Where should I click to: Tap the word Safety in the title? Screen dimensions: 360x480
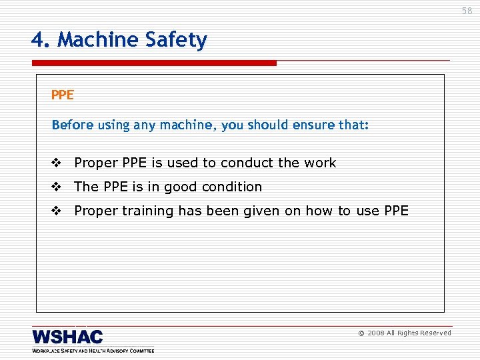pyautogui.click(x=178, y=41)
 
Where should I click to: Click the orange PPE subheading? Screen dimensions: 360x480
pyautogui.click(x=62, y=95)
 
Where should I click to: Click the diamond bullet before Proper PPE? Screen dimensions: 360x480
pyautogui.click(x=56, y=163)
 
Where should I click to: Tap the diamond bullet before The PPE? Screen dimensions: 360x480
pyautogui.click(x=56, y=187)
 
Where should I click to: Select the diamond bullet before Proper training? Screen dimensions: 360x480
pyautogui.click(x=56, y=211)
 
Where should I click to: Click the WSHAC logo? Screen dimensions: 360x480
pyautogui.click(x=67, y=337)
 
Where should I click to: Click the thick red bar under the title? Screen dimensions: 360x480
pyautogui.click(x=154, y=63)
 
